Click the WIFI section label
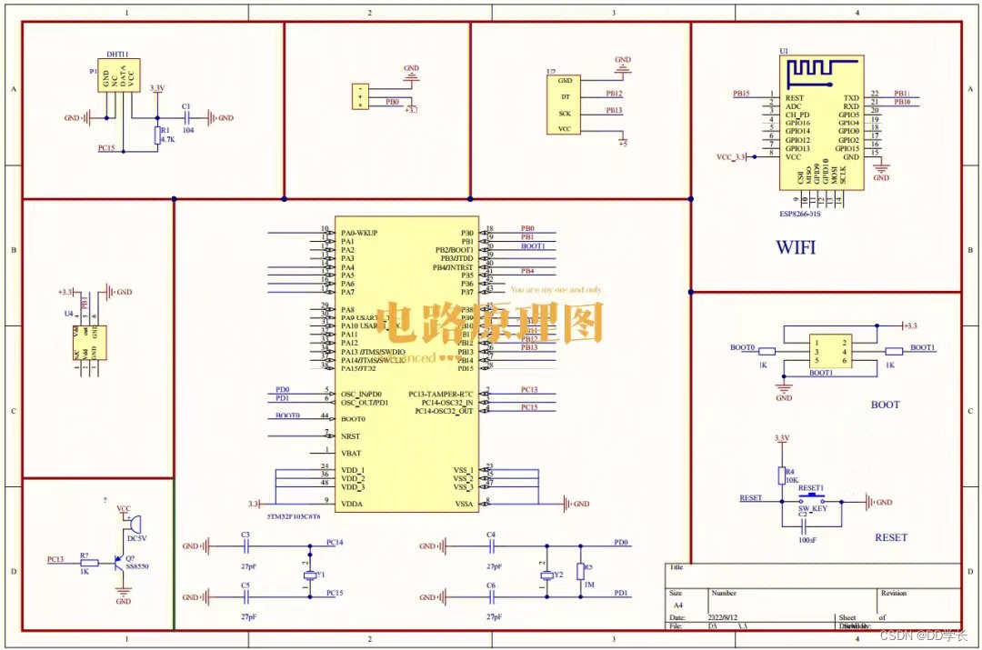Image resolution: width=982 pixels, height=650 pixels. (x=796, y=246)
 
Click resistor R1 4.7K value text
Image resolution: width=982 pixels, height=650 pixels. (x=167, y=140)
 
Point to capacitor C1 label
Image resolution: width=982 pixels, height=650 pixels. (x=186, y=106)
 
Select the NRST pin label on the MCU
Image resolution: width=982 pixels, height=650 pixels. (x=352, y=436)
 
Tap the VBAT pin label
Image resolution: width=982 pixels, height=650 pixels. (x=352, y=452)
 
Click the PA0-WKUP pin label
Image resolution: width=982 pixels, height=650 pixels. (x=358, y=233)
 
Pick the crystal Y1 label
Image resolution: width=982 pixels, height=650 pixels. (x=321, y=575)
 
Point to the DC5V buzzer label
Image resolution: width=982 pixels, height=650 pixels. (x=137, y=538)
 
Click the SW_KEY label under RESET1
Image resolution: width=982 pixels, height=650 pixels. (x=812, y=509)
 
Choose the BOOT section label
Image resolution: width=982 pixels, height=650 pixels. (x=885, y=405)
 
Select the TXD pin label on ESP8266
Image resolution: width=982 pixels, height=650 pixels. (x=851, y=97)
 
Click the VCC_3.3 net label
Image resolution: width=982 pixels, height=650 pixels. (x=730, y=157)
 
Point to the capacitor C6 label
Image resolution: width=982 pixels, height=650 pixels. (x=491, y=585)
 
